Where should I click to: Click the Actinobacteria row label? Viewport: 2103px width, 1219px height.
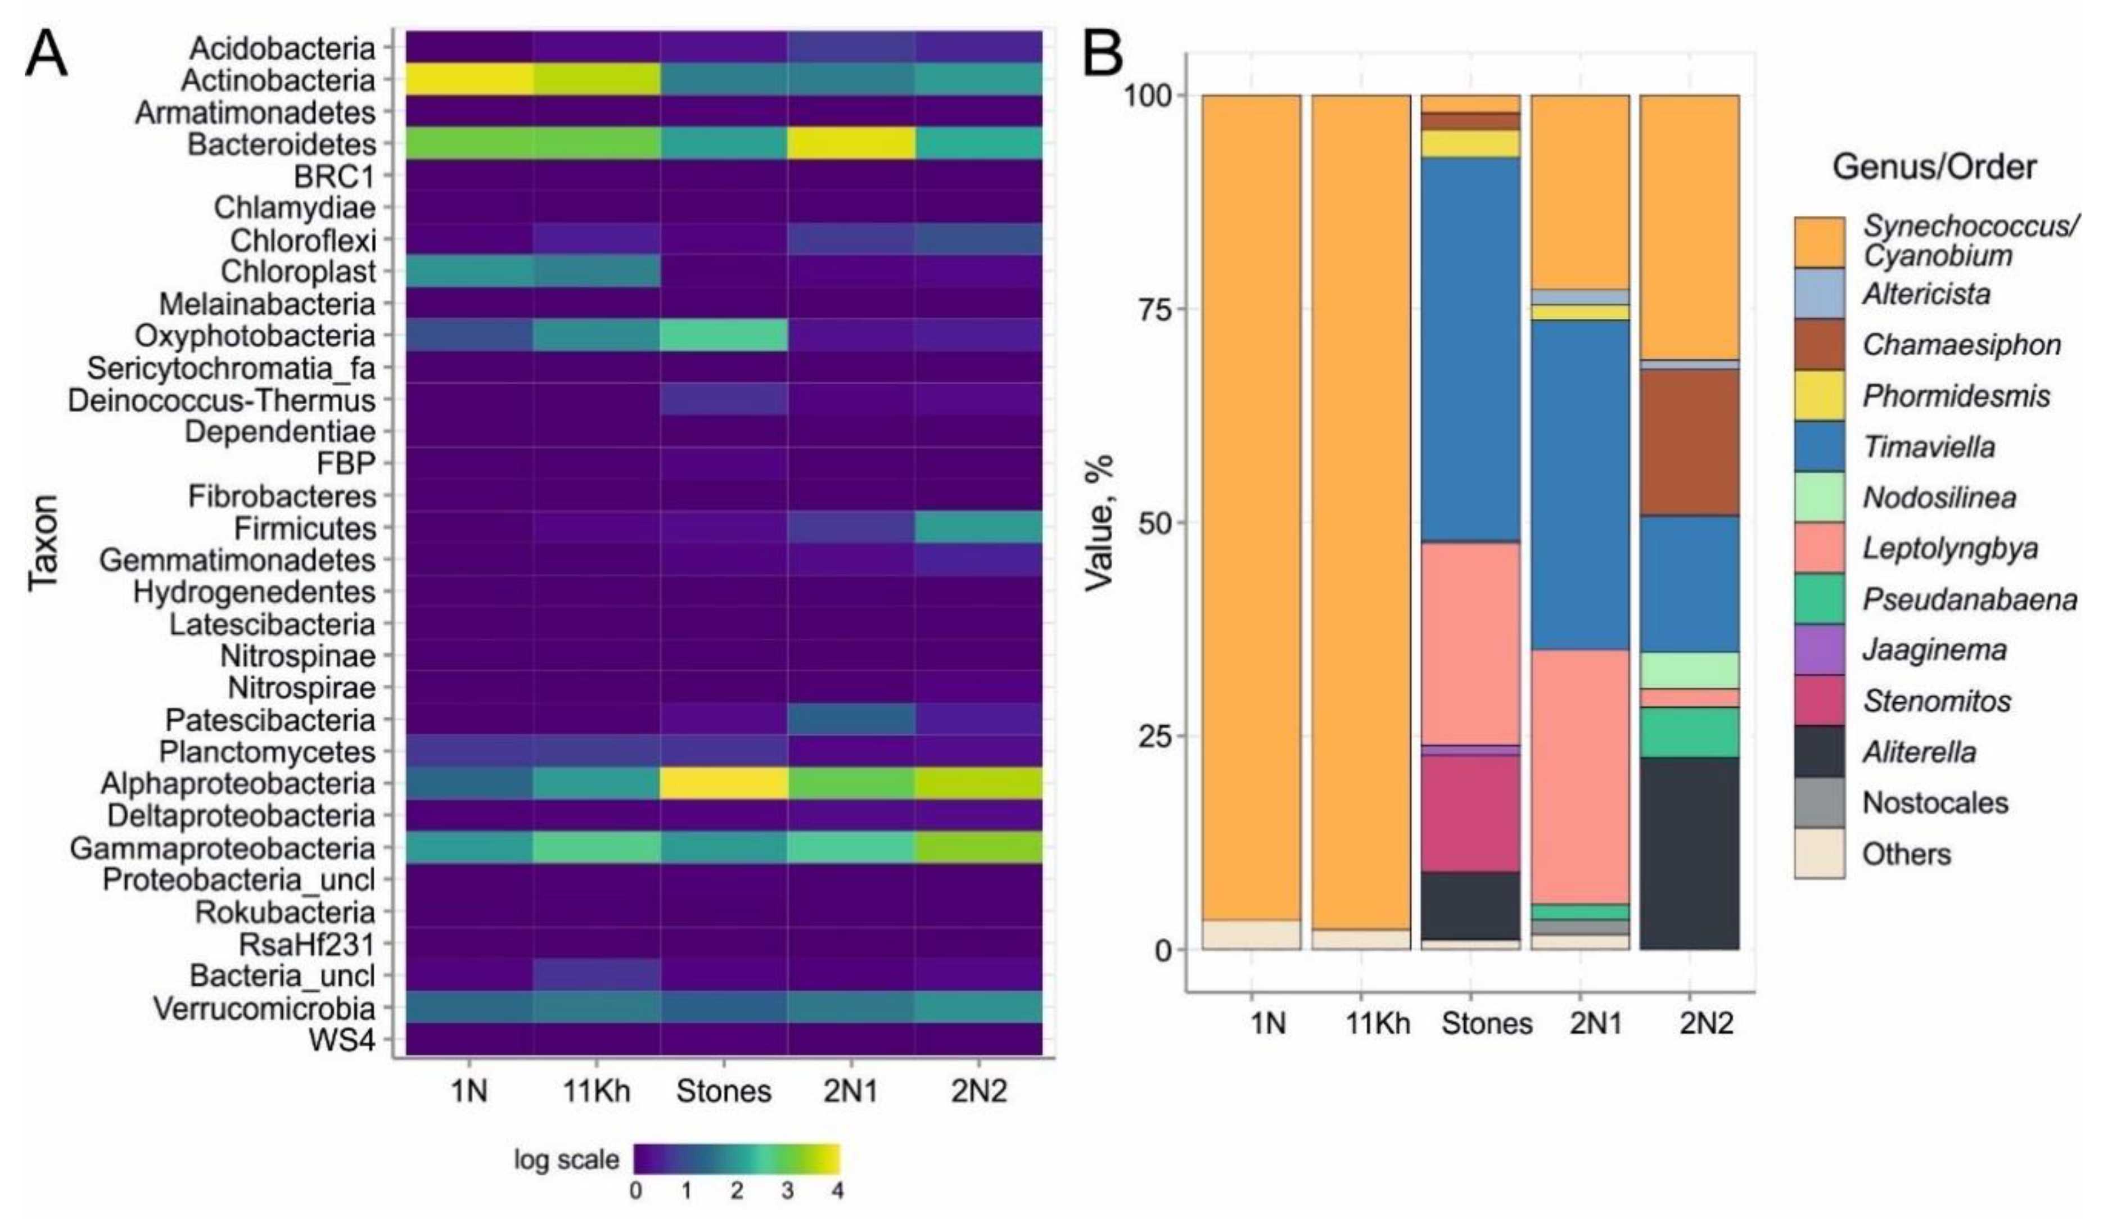278,81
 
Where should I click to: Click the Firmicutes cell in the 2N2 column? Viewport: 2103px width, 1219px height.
977,528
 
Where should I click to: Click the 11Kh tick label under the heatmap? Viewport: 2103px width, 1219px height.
596,1091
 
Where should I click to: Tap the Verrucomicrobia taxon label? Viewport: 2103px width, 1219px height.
264,1009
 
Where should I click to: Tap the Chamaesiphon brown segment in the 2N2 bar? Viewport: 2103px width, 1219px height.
1689,442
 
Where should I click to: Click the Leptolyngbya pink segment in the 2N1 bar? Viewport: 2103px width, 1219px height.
1579,776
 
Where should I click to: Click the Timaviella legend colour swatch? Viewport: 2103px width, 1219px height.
1819,446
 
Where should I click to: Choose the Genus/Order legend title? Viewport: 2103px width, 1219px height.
1934,168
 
